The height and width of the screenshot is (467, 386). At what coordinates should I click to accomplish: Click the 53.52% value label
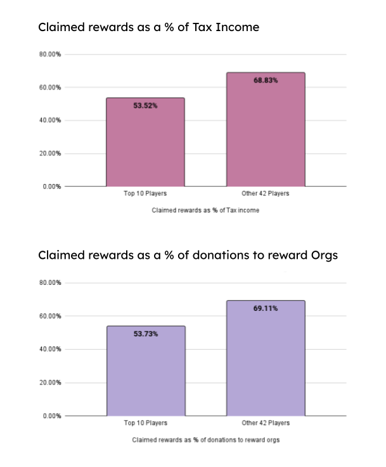145,106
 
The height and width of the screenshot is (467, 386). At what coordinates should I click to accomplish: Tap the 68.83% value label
266,81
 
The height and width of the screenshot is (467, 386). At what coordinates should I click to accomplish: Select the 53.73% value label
145,334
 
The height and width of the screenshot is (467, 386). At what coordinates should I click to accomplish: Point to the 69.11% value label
266,308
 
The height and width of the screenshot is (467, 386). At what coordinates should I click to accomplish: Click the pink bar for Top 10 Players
145,146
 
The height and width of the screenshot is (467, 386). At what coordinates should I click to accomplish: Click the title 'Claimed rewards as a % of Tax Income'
148,27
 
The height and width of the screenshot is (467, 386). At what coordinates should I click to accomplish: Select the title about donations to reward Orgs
188,256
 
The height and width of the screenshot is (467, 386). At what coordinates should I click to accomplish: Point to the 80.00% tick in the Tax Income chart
50,55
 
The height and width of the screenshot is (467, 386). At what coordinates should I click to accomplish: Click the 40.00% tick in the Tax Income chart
50,121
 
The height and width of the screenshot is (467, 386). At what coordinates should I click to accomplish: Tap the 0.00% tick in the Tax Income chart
52,187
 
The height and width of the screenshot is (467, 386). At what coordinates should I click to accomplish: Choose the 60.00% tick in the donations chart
50,316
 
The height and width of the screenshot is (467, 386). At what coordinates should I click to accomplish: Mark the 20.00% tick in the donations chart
50,383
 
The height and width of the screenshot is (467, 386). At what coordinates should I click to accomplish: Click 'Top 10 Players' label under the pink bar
145,194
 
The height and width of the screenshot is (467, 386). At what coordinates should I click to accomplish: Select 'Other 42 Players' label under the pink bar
266,194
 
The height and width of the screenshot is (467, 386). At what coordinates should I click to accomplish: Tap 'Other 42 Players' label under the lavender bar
266,423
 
